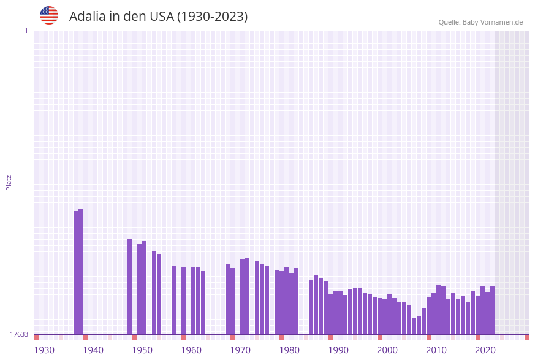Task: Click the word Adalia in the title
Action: click(x=87, y=17)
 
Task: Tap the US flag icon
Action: click(x=49, y=15)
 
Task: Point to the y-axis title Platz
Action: click(x=9, y=182)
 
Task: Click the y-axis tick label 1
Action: click(x=26, y=31)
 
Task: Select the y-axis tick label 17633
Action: click(x=20, y=334)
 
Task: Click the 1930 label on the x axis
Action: click(x=44, y=350)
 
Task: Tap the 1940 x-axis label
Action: click(x=93, y=350)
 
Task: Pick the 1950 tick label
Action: click(x=142, y=350)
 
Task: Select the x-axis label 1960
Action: click(x=191, y=350)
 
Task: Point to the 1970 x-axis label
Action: click(x=240, y=350)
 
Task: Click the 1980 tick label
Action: click(x=289, y=350)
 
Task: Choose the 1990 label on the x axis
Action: click(x=338, y=350)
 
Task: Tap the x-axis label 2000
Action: click(x=387, y=350)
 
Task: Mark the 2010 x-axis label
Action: click(x=436, y=350)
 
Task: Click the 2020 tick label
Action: click(x=485, y=350)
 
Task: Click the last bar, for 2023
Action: click(x=492, y=310)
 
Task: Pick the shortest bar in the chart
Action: click(x=414, y=326)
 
